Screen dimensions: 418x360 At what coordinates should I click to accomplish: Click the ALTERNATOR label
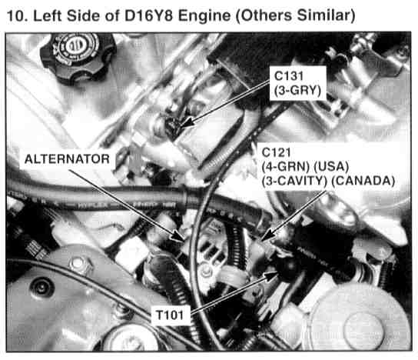pyautogui.click(x=67, y=159)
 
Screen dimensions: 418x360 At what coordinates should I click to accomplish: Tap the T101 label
pyautogui.click(x=170, y=315)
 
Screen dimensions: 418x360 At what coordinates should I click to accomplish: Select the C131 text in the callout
pyautogui.click(x=289, y=76)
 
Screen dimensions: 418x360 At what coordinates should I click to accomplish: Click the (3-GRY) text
pyautogui.click(x=297, y=91)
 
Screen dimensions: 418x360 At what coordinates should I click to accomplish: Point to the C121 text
pyautogui.click(x=276, y=152)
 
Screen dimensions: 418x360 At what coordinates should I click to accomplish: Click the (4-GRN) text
pyautogui.click(x=286, y=167)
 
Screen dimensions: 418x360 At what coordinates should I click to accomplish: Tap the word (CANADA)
pyautogui.click(x=363, y=181)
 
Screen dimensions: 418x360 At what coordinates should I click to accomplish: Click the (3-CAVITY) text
pyautogui.click(x=294, y=181)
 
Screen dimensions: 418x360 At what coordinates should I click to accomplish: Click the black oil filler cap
pyautogui.click(x=78, y=58)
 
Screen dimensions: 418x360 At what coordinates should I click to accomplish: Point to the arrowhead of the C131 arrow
pyautogui.click(x=187, y=123)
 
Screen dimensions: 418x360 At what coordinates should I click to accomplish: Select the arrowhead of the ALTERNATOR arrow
pyautogui.click(x=178, y=236)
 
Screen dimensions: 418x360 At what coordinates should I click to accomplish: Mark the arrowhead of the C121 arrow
pyautogui.click(x=266, y=236)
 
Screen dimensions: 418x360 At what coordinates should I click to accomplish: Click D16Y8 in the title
pyautogui.click(x=148, y=15)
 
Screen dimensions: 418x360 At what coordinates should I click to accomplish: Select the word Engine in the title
pyautogui.click(x=204, y=16)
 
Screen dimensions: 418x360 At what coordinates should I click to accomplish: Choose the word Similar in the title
pyautogui.click(x=326, y=15)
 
